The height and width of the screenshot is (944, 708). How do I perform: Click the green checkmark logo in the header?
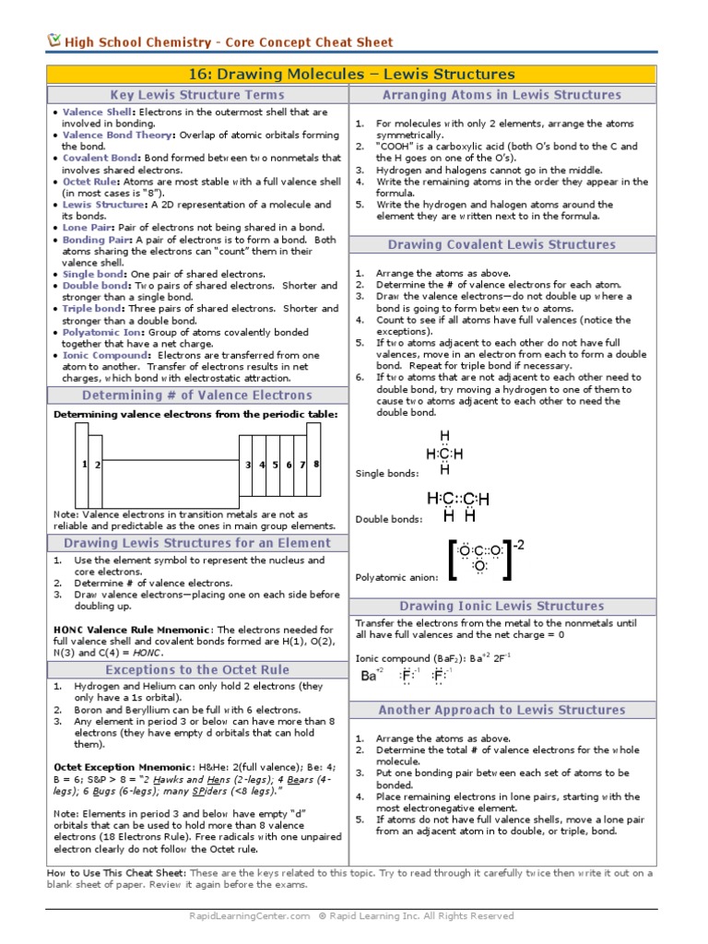[53, 41]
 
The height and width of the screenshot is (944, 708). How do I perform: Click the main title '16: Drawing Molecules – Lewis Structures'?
[353, 74]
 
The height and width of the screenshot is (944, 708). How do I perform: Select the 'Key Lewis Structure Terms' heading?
[197, 95]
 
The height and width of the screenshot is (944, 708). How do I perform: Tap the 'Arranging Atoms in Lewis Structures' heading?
[501, 95]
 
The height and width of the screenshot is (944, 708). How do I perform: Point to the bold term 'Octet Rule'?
[88, 182]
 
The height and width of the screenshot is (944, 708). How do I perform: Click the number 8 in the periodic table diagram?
[316, 464]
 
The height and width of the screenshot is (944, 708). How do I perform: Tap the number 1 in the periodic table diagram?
[84, 464]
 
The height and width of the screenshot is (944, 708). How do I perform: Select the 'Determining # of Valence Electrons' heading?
[197, 395]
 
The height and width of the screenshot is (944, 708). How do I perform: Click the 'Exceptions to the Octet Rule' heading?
[197, 670]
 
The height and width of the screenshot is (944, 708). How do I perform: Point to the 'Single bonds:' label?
[386, 474]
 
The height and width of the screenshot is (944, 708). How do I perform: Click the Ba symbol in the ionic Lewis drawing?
[370, 676]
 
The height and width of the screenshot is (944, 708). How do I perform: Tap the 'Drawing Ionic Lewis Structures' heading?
[501, 606]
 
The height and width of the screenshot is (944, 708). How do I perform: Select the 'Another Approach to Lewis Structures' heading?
[501, 710]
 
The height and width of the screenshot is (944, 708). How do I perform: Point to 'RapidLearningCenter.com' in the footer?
[249, 916]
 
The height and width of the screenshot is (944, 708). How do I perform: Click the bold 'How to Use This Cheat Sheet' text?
[116, 872]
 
